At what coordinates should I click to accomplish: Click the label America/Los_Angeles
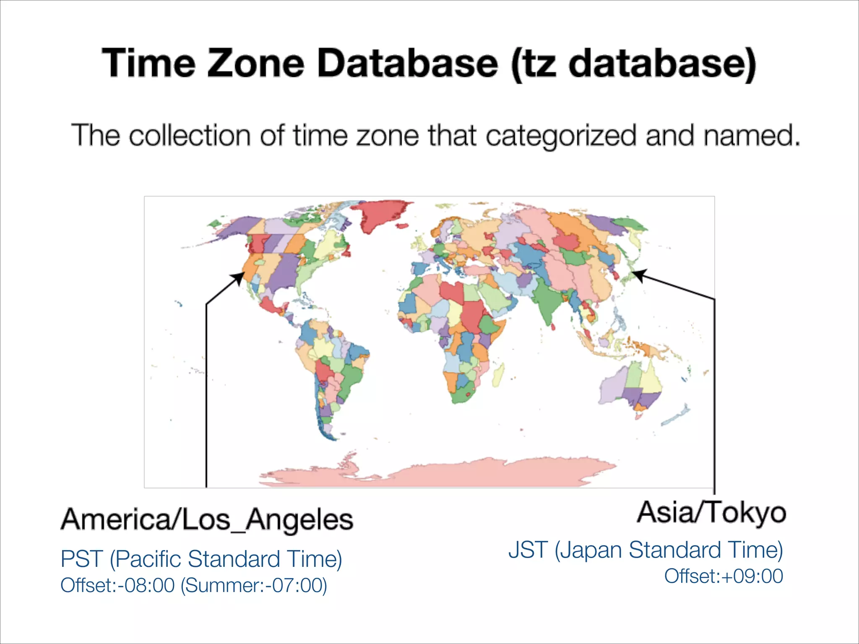point(207,519)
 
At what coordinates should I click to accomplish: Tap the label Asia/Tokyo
point(711,512)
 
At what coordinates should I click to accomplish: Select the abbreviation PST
point(81,559)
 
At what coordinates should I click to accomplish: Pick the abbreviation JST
point(528,550)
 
